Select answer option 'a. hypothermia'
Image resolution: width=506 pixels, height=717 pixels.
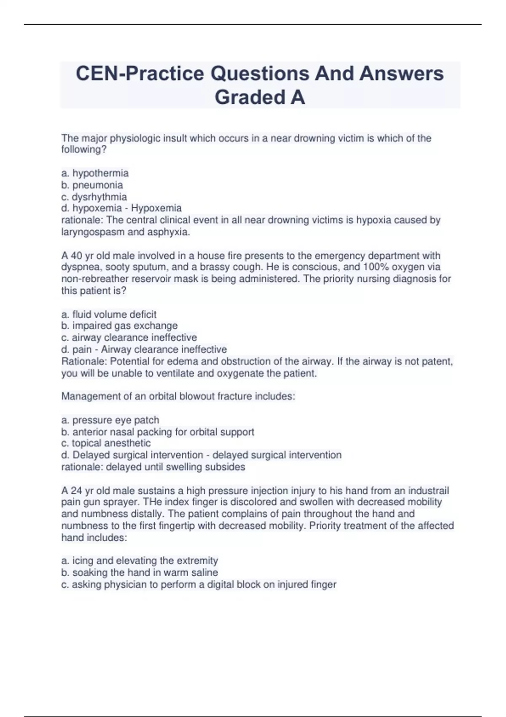tap(95, 173)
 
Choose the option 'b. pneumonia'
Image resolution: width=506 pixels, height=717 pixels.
tap(92, 185)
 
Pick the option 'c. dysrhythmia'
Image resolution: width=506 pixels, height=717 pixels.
tap(94, 197)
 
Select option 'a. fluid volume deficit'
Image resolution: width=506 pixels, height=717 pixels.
tap(109, 314)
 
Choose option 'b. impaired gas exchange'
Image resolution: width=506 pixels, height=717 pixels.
tap(119, 326)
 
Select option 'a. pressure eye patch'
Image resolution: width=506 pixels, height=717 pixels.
tap(110, 420)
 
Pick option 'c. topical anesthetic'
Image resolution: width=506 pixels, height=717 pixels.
tap(106, 443)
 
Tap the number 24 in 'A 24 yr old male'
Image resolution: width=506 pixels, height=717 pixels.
tap(76, 491)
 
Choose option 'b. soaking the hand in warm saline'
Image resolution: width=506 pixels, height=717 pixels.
tap(140, 572)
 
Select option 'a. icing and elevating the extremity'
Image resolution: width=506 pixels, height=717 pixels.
tap(140, 561)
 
